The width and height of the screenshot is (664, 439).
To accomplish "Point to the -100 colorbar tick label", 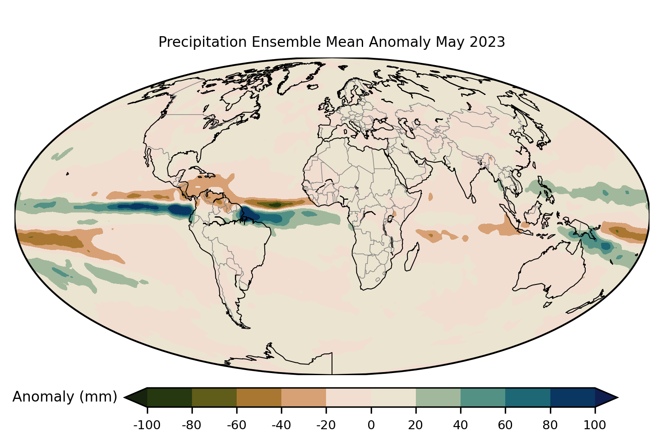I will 147,425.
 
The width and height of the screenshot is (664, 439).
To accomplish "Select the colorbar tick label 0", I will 371,425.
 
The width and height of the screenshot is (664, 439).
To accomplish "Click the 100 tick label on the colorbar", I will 595,425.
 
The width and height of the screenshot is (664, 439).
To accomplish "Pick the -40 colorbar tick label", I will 281,425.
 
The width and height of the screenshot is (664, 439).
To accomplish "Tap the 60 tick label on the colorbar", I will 505,425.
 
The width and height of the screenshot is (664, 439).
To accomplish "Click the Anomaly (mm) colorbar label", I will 65,397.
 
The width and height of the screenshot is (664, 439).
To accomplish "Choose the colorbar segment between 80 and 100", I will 572,397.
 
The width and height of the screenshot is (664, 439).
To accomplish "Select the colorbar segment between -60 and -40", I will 259,397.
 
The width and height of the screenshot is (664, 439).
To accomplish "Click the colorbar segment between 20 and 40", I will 438,397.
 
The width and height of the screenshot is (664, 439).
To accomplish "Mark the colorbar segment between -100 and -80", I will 169,397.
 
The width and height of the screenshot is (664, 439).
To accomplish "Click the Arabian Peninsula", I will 415,170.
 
